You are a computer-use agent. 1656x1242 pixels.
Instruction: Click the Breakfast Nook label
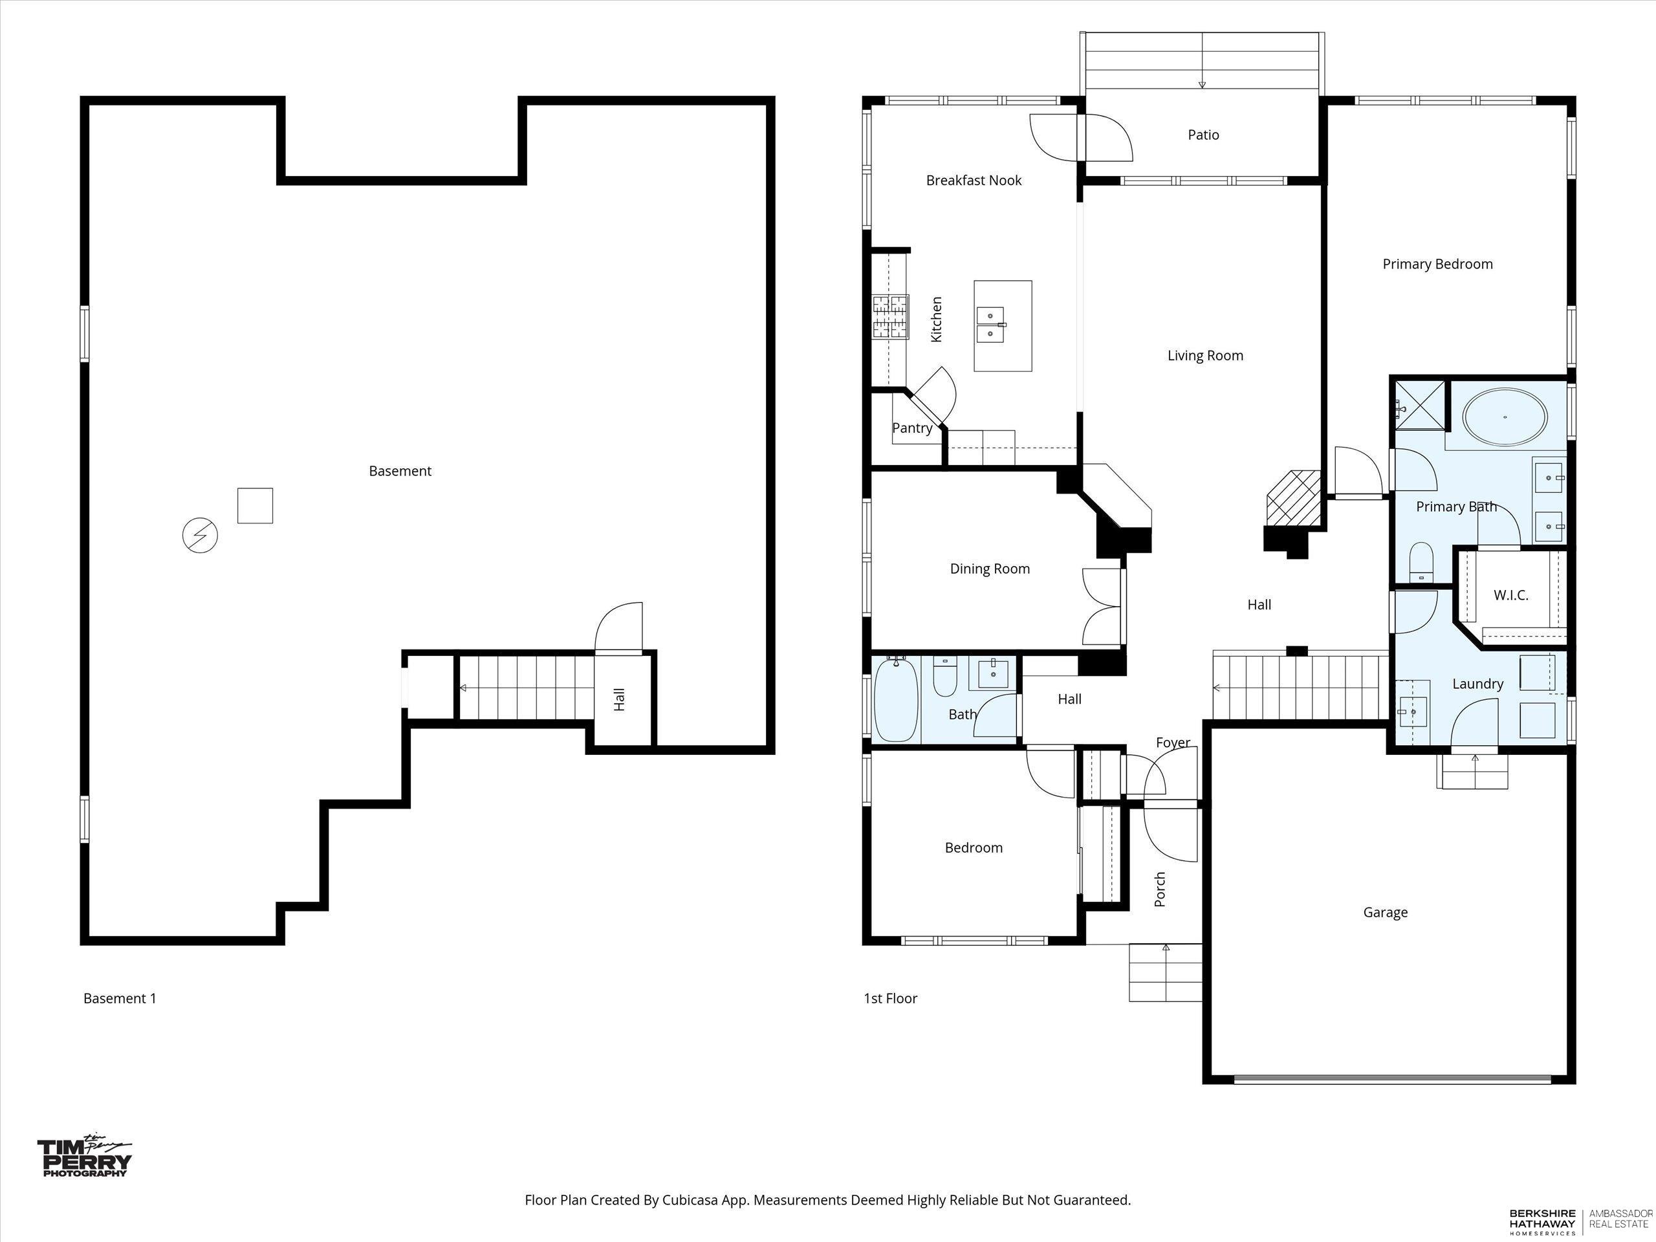pyautogui.click(x=974, y=180)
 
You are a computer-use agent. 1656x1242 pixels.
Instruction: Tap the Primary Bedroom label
pyautogui.click(x=1437, y=265)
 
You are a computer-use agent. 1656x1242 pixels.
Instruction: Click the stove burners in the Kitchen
pyautogui.click(x=890, y=318)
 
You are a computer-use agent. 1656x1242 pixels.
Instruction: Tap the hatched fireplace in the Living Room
pyautogui.click(x=1293, y=499)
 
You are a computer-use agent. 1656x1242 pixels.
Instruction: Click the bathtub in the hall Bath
pyautogui.click(x=896, y=699)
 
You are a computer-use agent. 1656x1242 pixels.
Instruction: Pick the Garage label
pyautogui.click(x=1385, y=913)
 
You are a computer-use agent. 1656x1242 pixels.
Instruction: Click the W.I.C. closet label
pyautogui.click(x=1510, y=596)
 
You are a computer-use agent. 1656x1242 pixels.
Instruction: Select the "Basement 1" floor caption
pyautogui.click(x=120, y=998)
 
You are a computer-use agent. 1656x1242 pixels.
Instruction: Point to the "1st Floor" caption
pyautogui.click(x=890, y=998)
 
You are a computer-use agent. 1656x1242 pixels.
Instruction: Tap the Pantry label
pyautogui.click(x=912, y=428)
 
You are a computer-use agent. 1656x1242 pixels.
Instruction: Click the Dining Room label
pyautogui.click(x=990, y=569)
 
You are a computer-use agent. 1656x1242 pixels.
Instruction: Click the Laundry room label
pyautogui.click(x=1478, y=684)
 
